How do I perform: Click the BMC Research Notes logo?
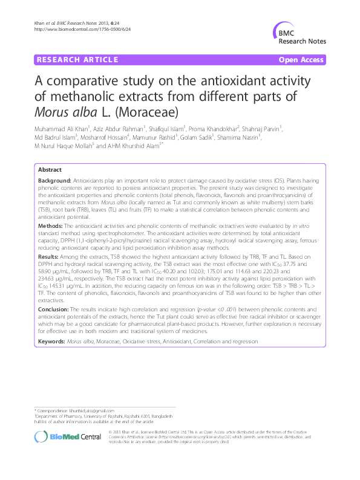pyautogui.click(x=303, y=34)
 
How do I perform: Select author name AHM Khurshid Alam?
pyautogui.click(x=134, y=146)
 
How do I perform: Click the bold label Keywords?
pyautogui.click(x=51, y=341)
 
